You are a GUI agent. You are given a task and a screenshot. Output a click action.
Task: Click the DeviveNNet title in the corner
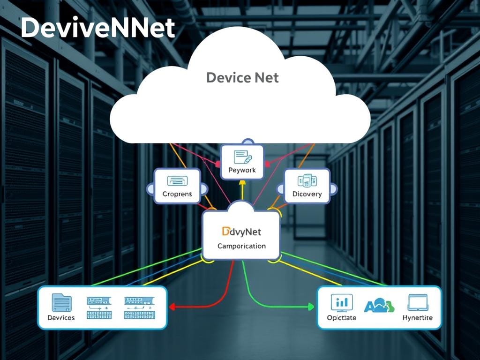[97, 29]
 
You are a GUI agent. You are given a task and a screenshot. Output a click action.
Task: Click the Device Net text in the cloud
[242, 77]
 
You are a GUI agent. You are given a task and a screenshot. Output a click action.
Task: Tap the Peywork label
[242, 170]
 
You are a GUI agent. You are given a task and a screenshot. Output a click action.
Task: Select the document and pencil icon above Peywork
[242, 157]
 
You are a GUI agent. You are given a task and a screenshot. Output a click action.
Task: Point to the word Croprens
[177, 194]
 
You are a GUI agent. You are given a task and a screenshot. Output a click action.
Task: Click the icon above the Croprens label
[177, 180]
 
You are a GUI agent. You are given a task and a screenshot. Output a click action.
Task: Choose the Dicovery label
[307, 194]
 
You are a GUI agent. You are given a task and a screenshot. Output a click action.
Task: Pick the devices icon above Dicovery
[307, 180]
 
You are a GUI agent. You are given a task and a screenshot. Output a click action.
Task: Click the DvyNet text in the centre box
[241, 231]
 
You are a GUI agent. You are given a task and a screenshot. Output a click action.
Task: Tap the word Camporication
[241, 246]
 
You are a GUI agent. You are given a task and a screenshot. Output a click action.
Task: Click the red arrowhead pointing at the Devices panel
[172, 307]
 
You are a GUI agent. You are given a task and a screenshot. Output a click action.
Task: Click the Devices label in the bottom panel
[61, 317]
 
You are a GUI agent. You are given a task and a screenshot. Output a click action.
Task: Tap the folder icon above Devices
[61, 302]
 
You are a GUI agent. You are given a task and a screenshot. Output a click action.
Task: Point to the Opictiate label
[341, 317]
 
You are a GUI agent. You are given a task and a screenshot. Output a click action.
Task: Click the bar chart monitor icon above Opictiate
[341, 302]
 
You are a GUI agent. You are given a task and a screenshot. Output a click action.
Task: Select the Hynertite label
[417, 317]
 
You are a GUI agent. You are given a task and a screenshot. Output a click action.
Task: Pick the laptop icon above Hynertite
[418, 302]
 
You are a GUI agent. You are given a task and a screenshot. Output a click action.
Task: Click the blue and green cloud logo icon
[380, 306]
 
